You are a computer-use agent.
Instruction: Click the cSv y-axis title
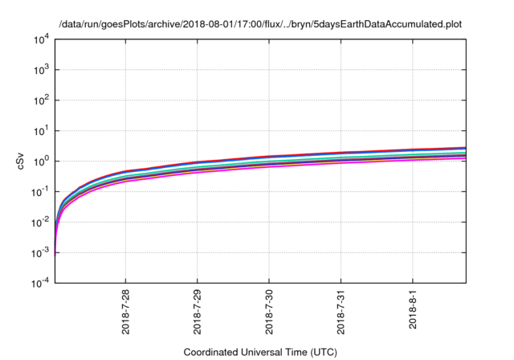tap(22, 161)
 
